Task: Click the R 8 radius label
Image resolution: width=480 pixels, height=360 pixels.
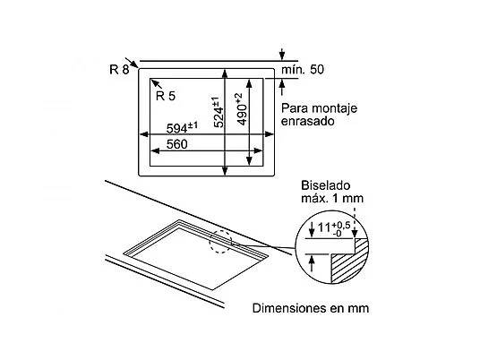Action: coord(119,70)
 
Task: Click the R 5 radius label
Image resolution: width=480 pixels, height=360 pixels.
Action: coord(166,96)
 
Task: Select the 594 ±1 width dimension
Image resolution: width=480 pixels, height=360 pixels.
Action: coord(182,128)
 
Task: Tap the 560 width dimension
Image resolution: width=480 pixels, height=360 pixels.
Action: coord(176,144)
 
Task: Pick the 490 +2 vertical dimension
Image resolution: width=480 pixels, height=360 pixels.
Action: coord(243,109)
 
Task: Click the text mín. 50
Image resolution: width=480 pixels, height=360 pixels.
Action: coord(303,70)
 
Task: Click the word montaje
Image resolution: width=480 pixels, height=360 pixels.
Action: coord(334,108)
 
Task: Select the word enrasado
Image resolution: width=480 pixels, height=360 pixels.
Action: coord(307,121)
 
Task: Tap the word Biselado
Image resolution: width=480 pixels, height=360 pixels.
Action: coord(325,185)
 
